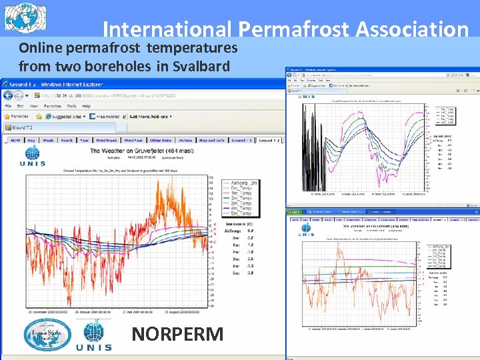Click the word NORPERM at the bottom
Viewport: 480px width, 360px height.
coord(177,334)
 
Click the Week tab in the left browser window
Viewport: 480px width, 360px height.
coord(49,141)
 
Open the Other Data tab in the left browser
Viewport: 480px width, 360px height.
coord(161,141)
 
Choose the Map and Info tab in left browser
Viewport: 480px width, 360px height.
coord(212,141)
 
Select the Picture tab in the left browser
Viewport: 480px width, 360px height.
coord(186,141)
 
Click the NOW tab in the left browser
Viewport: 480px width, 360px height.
coord(15,141)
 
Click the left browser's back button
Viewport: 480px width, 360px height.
coord(8,95)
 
